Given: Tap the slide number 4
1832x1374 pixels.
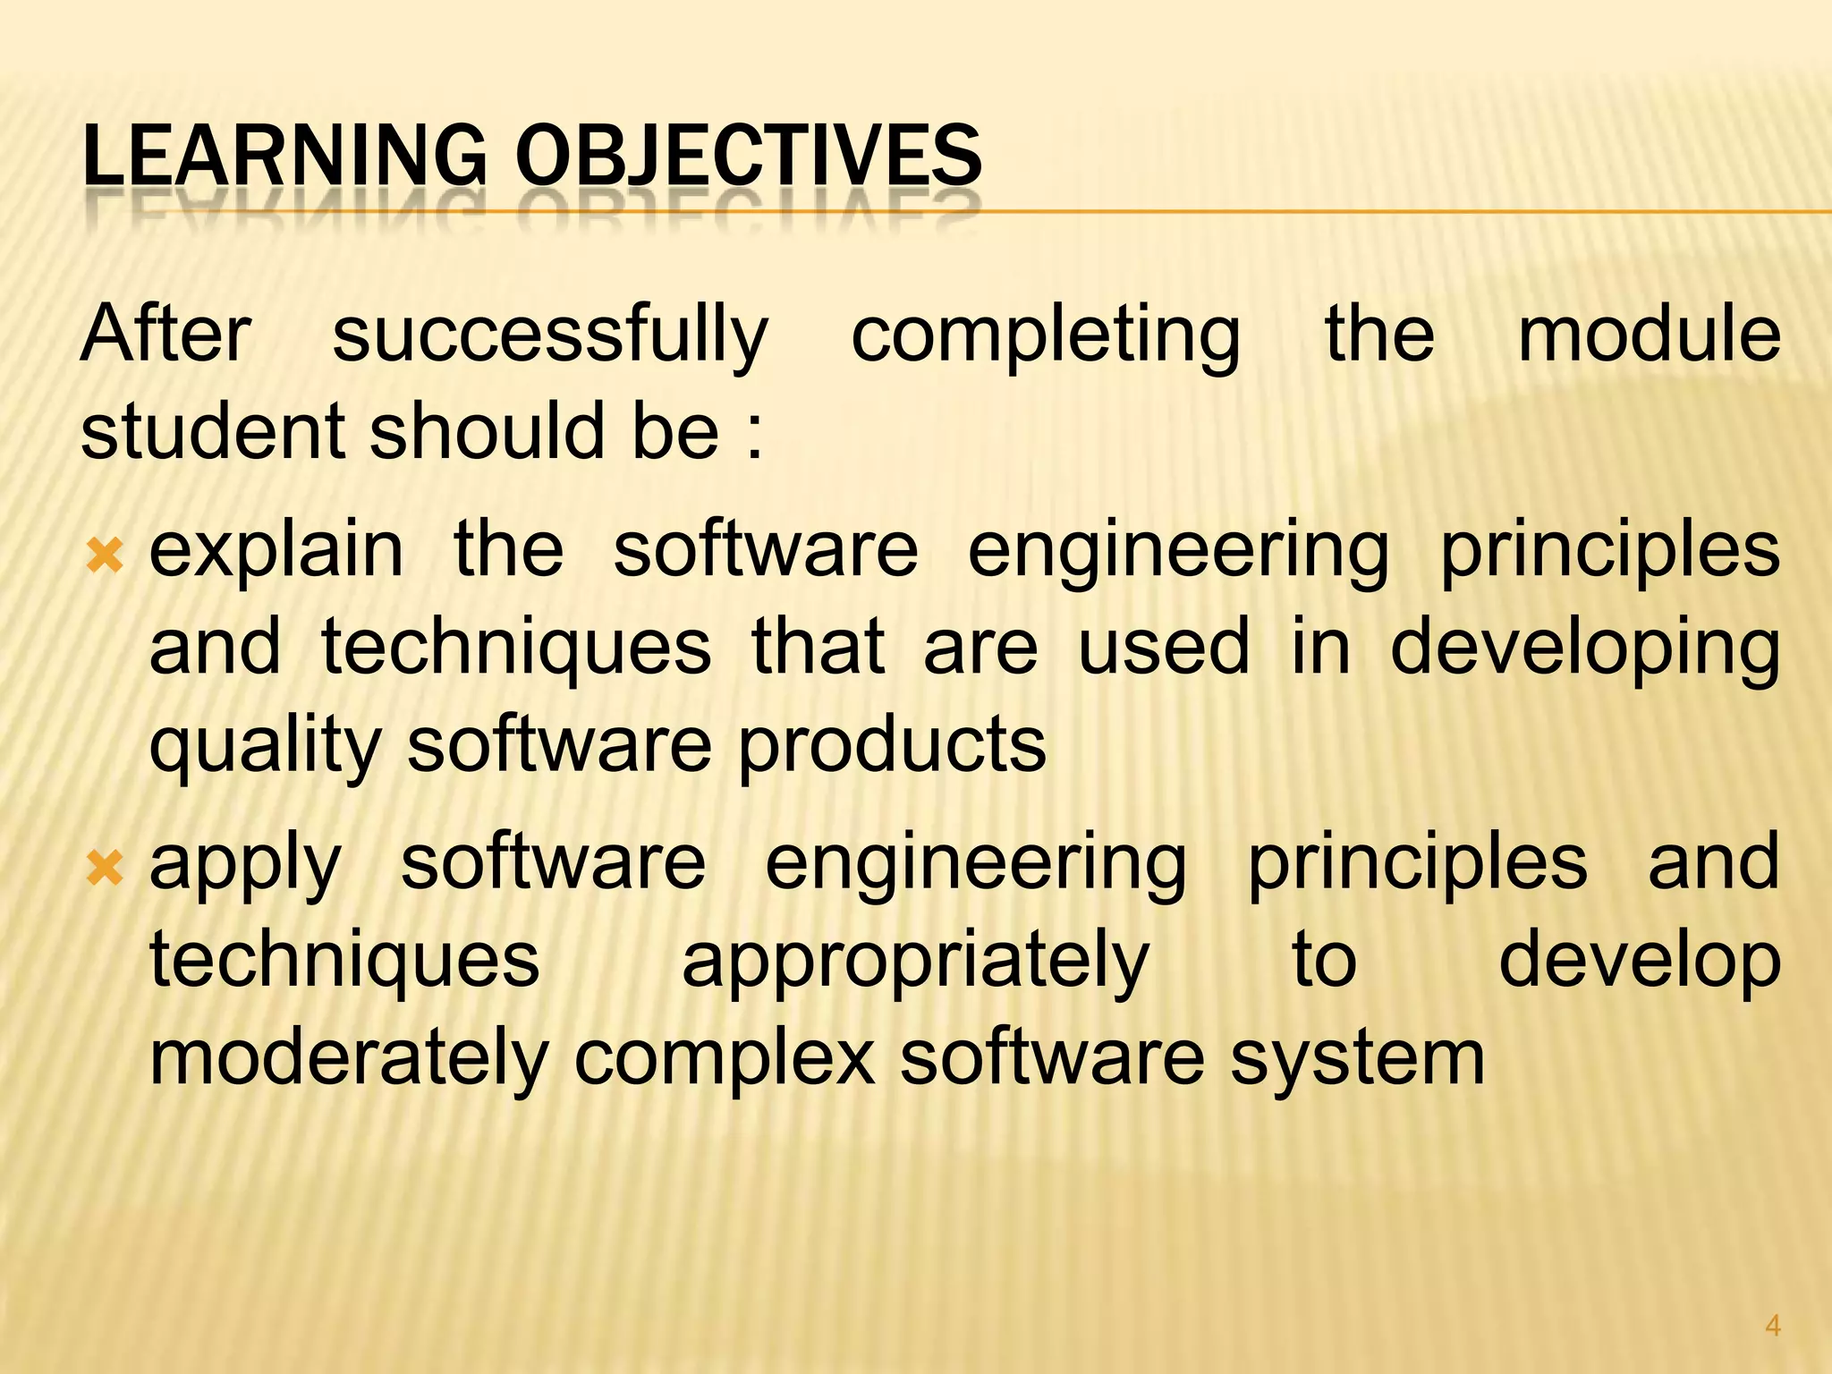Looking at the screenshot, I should (x=1772, y=1326).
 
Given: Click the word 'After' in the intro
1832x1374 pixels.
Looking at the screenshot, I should (x=165, y=334).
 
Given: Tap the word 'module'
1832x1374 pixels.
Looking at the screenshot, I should (x=1650, y=334).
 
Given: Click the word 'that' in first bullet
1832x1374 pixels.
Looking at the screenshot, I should (x=818, y=648).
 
